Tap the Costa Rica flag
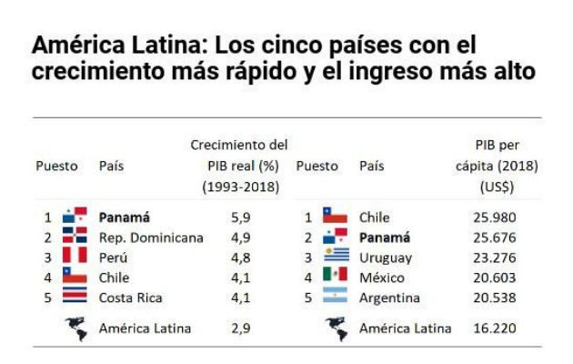[x=75, y=297]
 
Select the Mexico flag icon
[x=336, y=277]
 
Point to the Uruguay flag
[x=336, y=257]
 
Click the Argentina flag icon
[x=336, y=298]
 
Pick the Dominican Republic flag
[x=75, y=237]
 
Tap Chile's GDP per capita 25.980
[x=493, y=217]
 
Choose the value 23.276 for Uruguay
[x=493, y=258]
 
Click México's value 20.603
[x=493, y=278]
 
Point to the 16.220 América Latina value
[x=493, y=329]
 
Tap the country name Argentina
[x=389, y=298]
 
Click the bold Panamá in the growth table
[x=124, y=217]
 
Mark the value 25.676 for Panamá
[x=493, y=237]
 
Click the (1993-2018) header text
[x=240, y=187]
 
